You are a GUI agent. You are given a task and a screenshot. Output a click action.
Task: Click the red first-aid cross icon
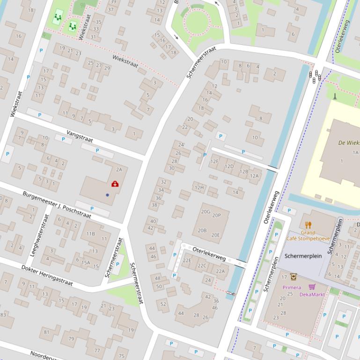tap(115, 184)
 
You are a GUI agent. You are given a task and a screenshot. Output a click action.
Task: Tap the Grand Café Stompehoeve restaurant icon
tap(308, 225)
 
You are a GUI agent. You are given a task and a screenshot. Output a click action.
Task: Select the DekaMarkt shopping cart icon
tap(312, 287)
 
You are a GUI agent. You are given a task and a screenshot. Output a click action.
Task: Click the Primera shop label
tap(292, 288)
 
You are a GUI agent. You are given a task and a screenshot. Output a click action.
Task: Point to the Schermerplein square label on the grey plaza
tap(303, 256)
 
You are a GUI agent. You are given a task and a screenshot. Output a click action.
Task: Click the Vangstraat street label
tap(80, 136)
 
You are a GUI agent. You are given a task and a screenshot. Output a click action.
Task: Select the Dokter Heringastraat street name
tap(47, 275)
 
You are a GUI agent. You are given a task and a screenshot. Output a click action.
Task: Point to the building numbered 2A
tap(119, 170)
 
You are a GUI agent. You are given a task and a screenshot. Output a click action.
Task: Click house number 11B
tap(90, 234)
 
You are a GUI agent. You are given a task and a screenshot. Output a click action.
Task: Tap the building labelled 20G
tap(206, 212)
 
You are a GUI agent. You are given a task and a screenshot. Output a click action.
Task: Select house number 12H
tap(199, 188)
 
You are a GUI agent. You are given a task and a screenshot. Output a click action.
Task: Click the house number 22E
tap(187, 260)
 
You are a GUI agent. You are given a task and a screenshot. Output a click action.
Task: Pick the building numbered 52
tap(163, 304)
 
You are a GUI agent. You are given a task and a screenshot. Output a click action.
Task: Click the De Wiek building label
tap(348, 143)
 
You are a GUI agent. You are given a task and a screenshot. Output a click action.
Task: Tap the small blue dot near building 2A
tap(107, 195)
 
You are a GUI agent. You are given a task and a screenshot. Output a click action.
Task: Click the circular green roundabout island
tap(196, 21)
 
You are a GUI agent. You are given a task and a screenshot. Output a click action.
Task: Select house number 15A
tap(85, 263)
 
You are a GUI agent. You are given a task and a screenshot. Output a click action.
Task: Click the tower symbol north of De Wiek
tap(335, 96)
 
